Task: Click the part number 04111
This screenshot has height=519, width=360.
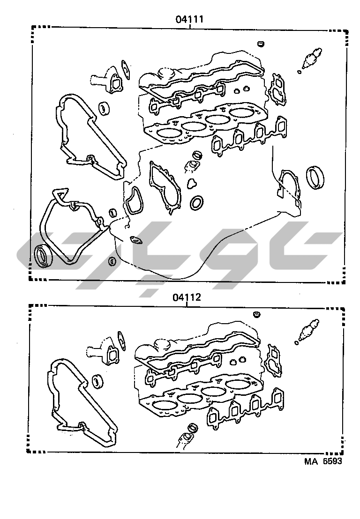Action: [189, 20]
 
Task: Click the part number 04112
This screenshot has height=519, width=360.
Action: [187, 297]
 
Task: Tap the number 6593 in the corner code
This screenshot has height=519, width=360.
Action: [332, 461]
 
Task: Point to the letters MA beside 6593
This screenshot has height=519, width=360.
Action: [311, 461]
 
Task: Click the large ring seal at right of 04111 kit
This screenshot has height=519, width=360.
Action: [315, 178]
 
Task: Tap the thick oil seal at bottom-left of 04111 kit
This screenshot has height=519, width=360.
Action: [44, 255]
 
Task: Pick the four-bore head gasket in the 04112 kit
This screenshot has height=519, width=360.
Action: [200, 394]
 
